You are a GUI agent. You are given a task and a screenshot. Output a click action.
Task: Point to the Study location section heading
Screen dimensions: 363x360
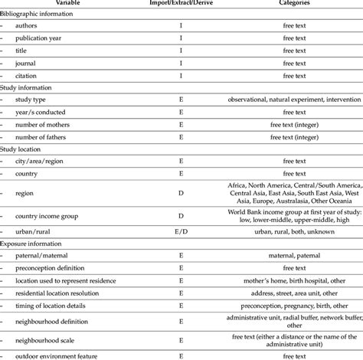(x=25, y=150)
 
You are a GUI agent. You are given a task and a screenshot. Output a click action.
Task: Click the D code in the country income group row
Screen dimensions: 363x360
(x=181, y=217)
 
